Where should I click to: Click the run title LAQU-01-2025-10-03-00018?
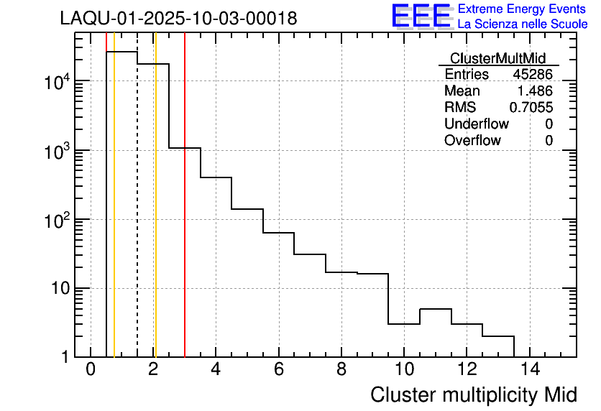[x=178, y=19]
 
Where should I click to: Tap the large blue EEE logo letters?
[x=421, y=17]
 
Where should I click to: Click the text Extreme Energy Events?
[x=522, y=9]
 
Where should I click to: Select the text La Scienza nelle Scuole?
[x=522, y=24]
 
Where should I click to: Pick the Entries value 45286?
[x=533, y=75]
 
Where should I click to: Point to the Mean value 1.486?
[x=535, y=91]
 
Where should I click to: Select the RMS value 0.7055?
[x=531, y=108]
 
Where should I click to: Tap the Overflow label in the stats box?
[x=472, y=141]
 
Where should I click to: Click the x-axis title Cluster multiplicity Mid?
[x=473, y=394]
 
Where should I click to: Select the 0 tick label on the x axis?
[x=91, y=369]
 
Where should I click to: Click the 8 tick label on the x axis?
[x=341, y=369]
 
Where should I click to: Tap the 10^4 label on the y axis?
[x=56, y=81]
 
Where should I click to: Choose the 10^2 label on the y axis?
[x=56, y=219]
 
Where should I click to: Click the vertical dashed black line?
[x=137, y=216]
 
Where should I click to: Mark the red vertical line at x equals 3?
[x=185, y=216]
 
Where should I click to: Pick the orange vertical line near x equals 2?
[x=155, y=216]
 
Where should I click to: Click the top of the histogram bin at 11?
[x=436, y=309]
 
